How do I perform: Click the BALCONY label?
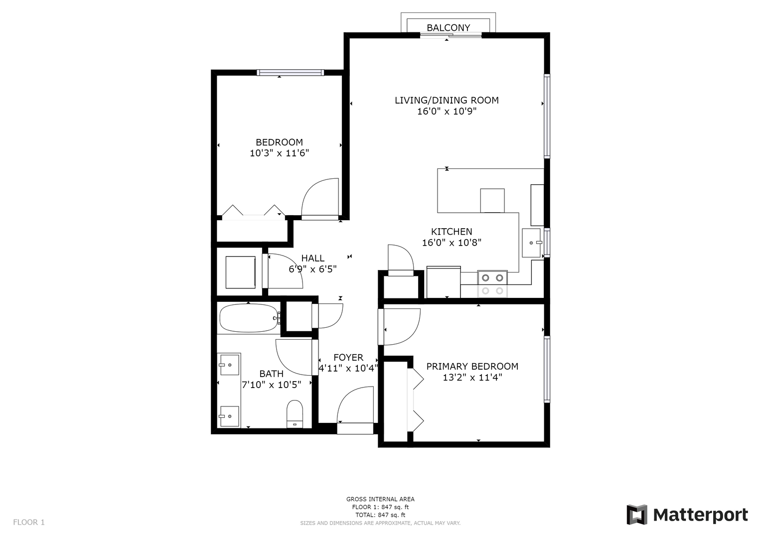click(x=448, y=27)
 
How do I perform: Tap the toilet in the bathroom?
click(x=295, y=414)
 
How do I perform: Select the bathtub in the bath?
click(x=250, y=318)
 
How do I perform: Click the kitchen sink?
click(x=532, y=243)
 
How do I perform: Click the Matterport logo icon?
click(x=637, y=515)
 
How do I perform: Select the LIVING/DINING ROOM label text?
click(x=447, y=100)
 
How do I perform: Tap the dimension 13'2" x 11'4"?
click(x=472, y=378)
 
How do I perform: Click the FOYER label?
click(x=348, y=357)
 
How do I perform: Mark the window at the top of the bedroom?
click(x=290, y=72)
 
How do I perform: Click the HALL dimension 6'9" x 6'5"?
click(x=312, y=269)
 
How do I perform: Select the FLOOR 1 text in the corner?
click(x=29, y=522)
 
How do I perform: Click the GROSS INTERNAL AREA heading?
click(x=380, y=499)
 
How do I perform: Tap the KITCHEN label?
click(x=452, y=232)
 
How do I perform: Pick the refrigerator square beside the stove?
click(x=444, y=282)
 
